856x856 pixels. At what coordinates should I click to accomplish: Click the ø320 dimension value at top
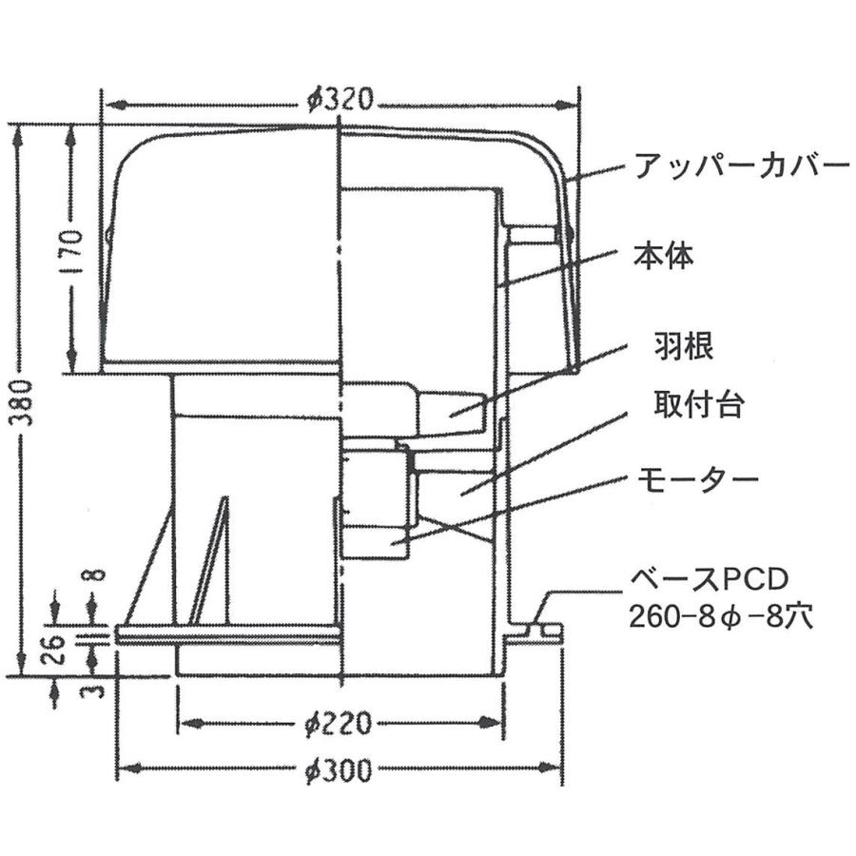[340, 99]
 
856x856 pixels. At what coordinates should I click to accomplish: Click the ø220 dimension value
[340, 725]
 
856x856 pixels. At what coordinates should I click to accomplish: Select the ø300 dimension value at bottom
[340, 768]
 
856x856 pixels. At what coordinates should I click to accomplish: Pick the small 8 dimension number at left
[95, 575]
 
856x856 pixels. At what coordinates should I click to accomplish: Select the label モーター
[697, 477]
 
